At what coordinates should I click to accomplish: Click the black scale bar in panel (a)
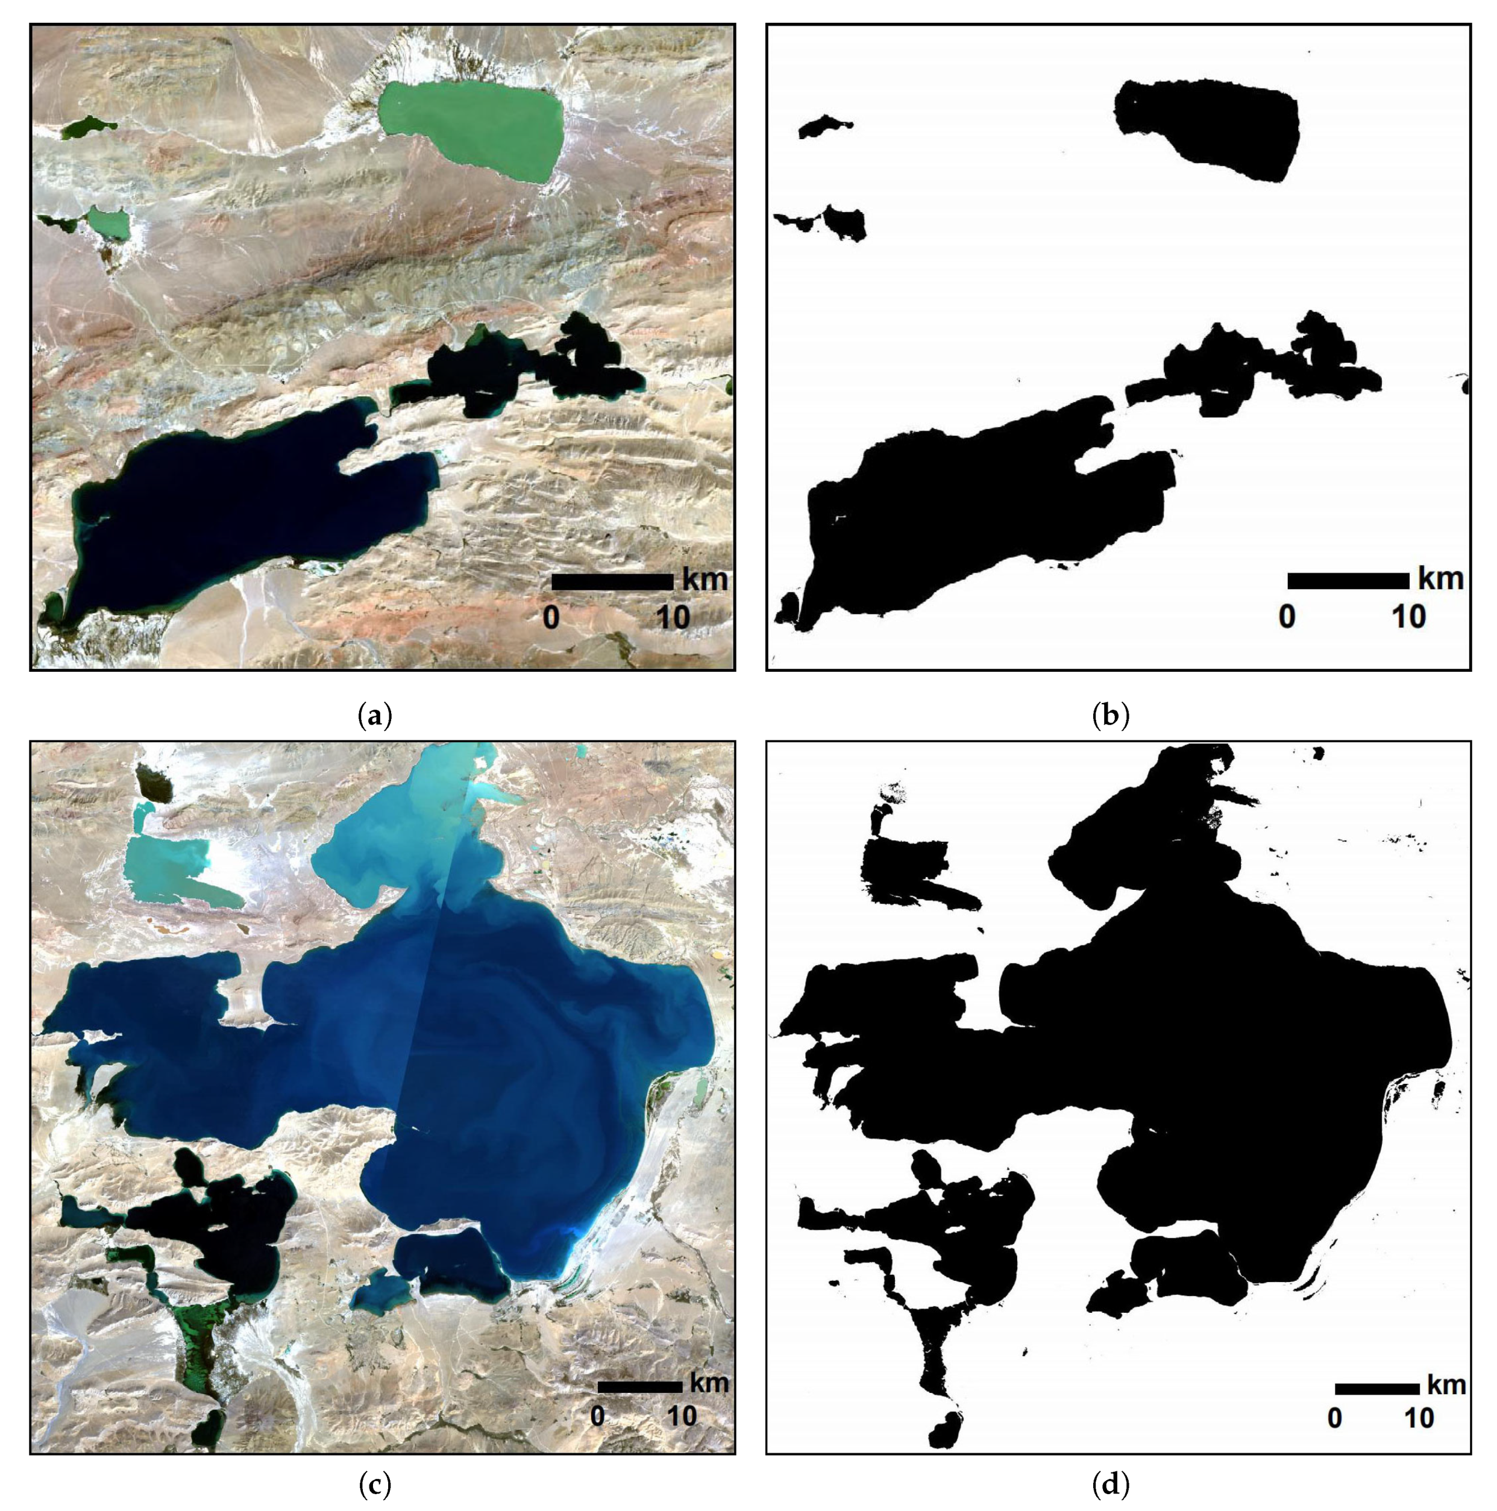point(612,582)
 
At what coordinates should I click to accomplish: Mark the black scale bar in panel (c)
point(639,1387)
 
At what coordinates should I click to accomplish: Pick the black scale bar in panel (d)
point(1376,1389)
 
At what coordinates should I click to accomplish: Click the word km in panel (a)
point(705,580)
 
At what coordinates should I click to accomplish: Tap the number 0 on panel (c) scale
point(598,1416)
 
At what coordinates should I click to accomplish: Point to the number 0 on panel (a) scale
point(551,619)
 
